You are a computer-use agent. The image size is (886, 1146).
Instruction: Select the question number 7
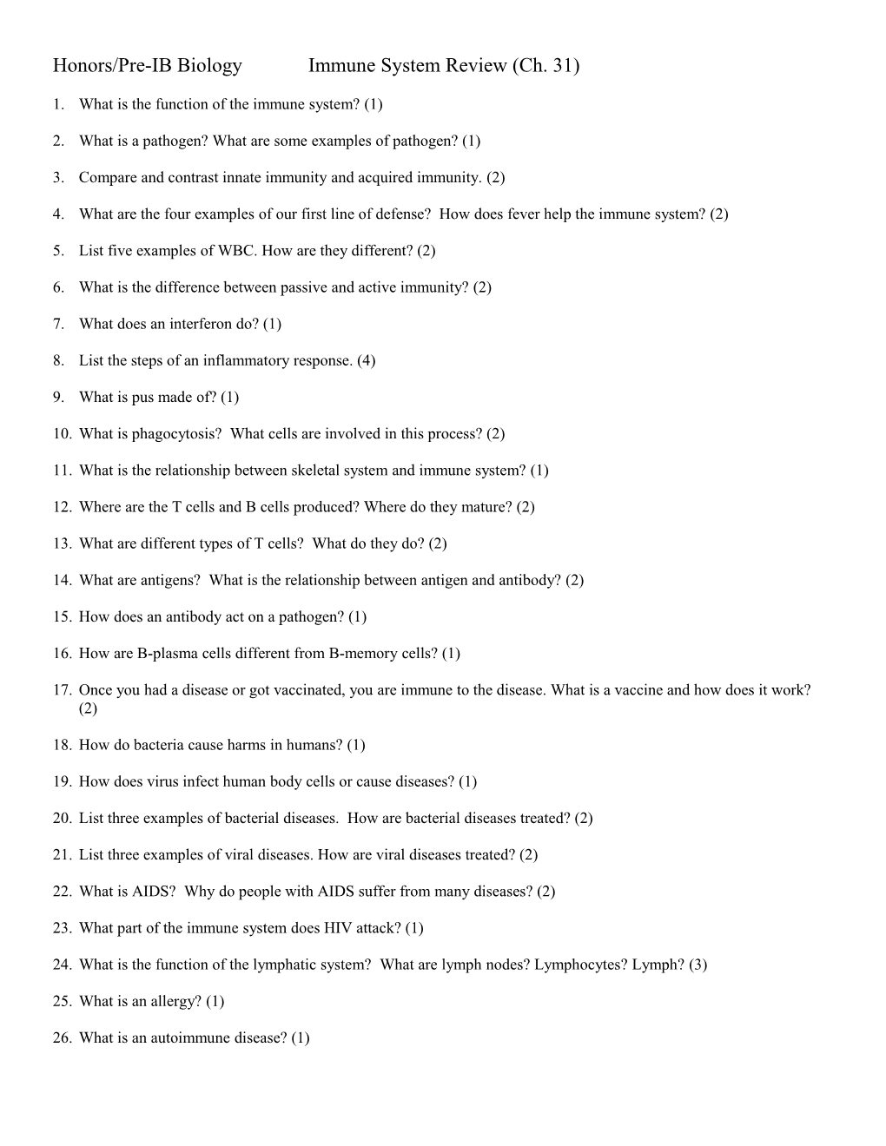(58, 324)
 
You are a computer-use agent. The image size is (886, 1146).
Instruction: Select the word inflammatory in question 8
(241, 360)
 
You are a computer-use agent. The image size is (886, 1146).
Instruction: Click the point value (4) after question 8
(366, 360)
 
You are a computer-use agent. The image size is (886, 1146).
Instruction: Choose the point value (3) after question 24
(698, 964)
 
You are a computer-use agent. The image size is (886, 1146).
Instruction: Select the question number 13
(61, 543)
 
